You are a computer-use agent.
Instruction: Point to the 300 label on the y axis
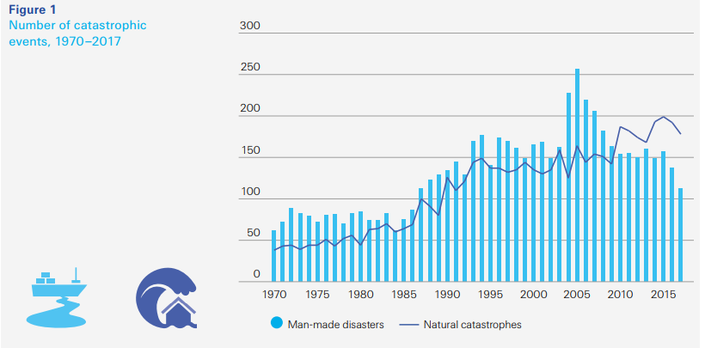(250, 27)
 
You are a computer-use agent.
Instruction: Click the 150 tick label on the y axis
(250, 151)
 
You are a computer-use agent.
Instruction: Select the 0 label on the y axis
(256, 274)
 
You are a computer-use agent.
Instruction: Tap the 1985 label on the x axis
(404, 295)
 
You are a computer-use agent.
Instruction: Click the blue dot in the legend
(277, 324)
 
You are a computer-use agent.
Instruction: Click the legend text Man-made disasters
(334, 325)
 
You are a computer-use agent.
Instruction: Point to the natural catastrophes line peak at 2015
(663, 117)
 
